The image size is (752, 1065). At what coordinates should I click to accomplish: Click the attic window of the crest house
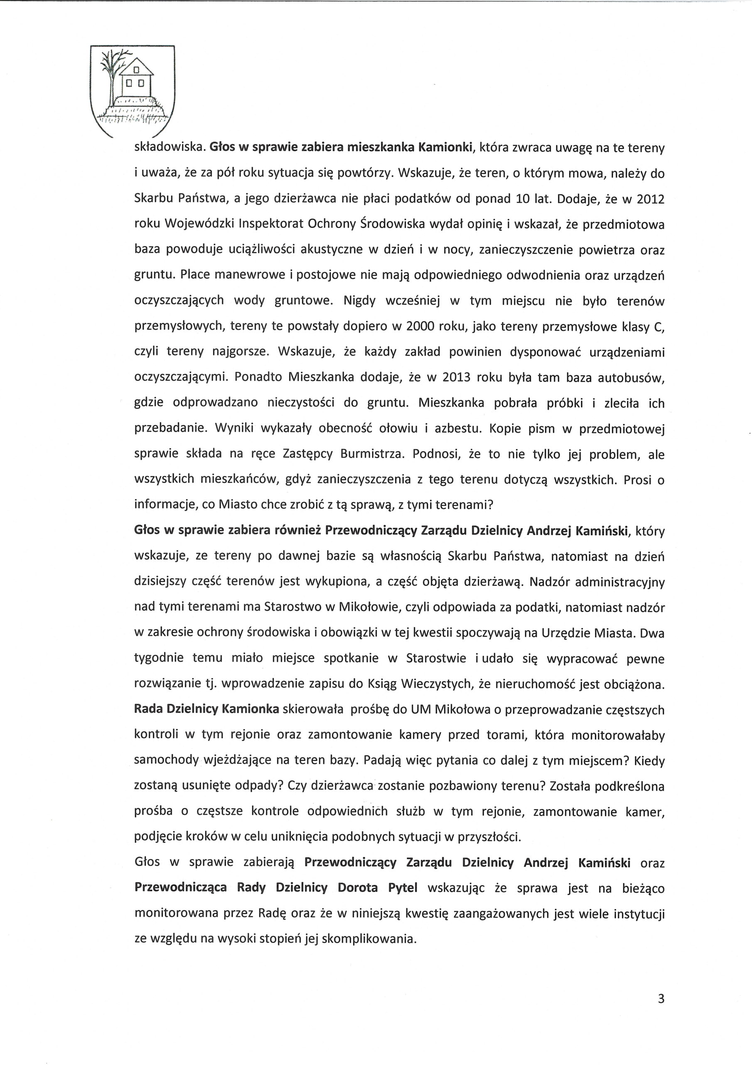point(136,69)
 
